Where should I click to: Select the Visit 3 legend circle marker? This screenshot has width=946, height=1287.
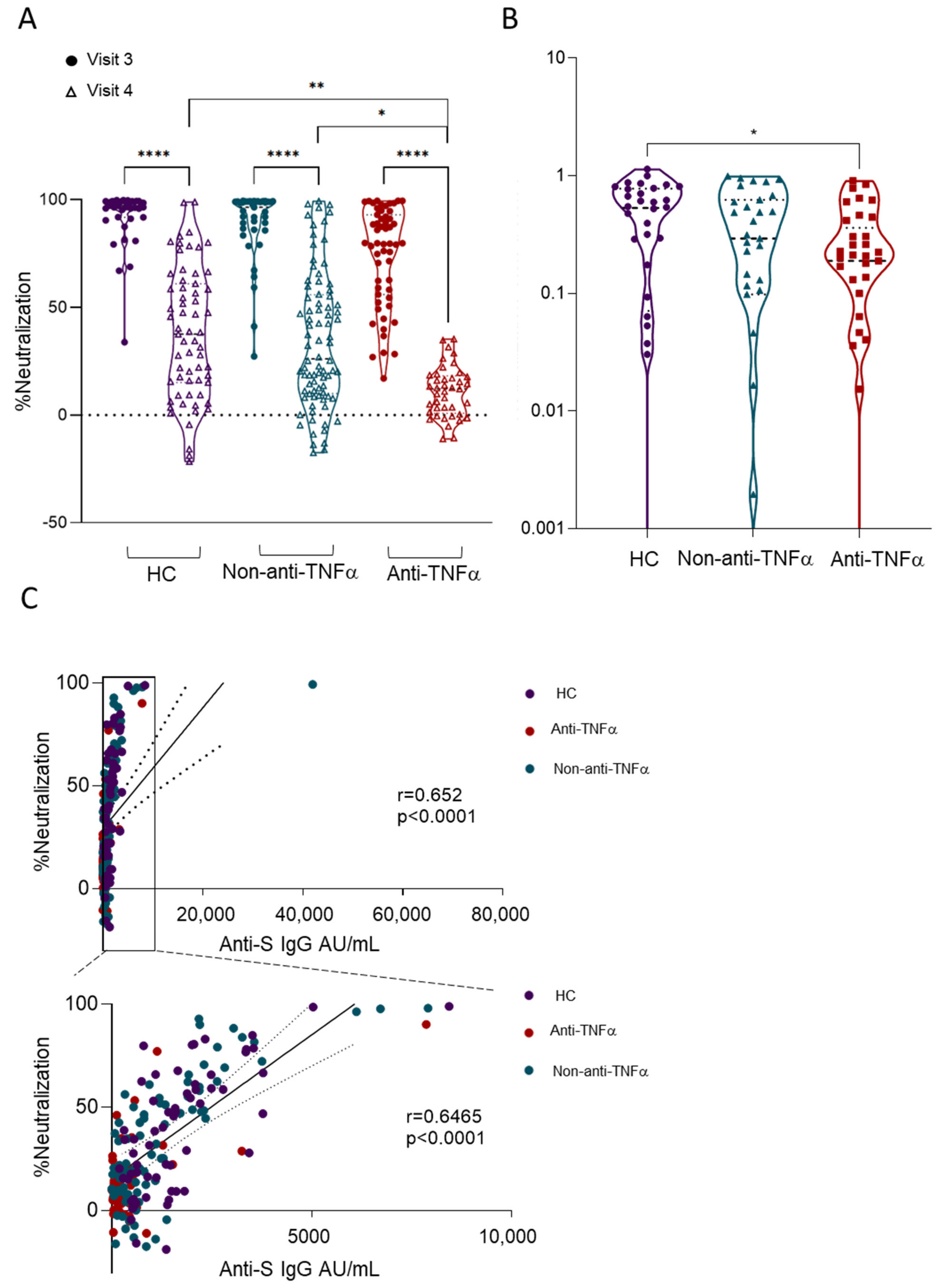point(72,60)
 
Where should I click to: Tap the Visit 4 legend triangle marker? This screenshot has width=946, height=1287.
point(72,92)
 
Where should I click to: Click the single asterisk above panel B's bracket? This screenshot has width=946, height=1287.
point(754,133)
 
